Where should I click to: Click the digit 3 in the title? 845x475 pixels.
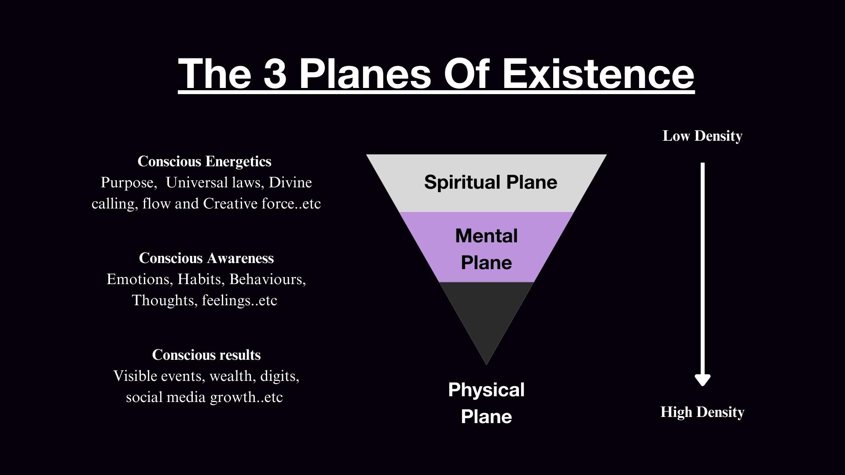tap(275, 73)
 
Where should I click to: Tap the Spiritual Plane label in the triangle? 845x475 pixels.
tap(490, 182)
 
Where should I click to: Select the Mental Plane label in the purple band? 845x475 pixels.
tap(486, 249)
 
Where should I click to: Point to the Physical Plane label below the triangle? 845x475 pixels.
tap(486, 403)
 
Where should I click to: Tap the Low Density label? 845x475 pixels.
tap(702, 136)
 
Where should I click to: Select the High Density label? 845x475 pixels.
tap(702, 412)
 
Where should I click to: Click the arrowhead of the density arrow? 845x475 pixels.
tap(702, 379)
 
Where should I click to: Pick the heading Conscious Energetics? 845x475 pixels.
tap(205, 161)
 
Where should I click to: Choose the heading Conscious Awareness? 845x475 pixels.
tap(206, 258)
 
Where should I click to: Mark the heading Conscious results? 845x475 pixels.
tap(206, 355)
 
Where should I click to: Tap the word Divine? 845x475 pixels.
tap(290, 183)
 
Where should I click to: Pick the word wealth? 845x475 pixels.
tap(232, 376)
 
